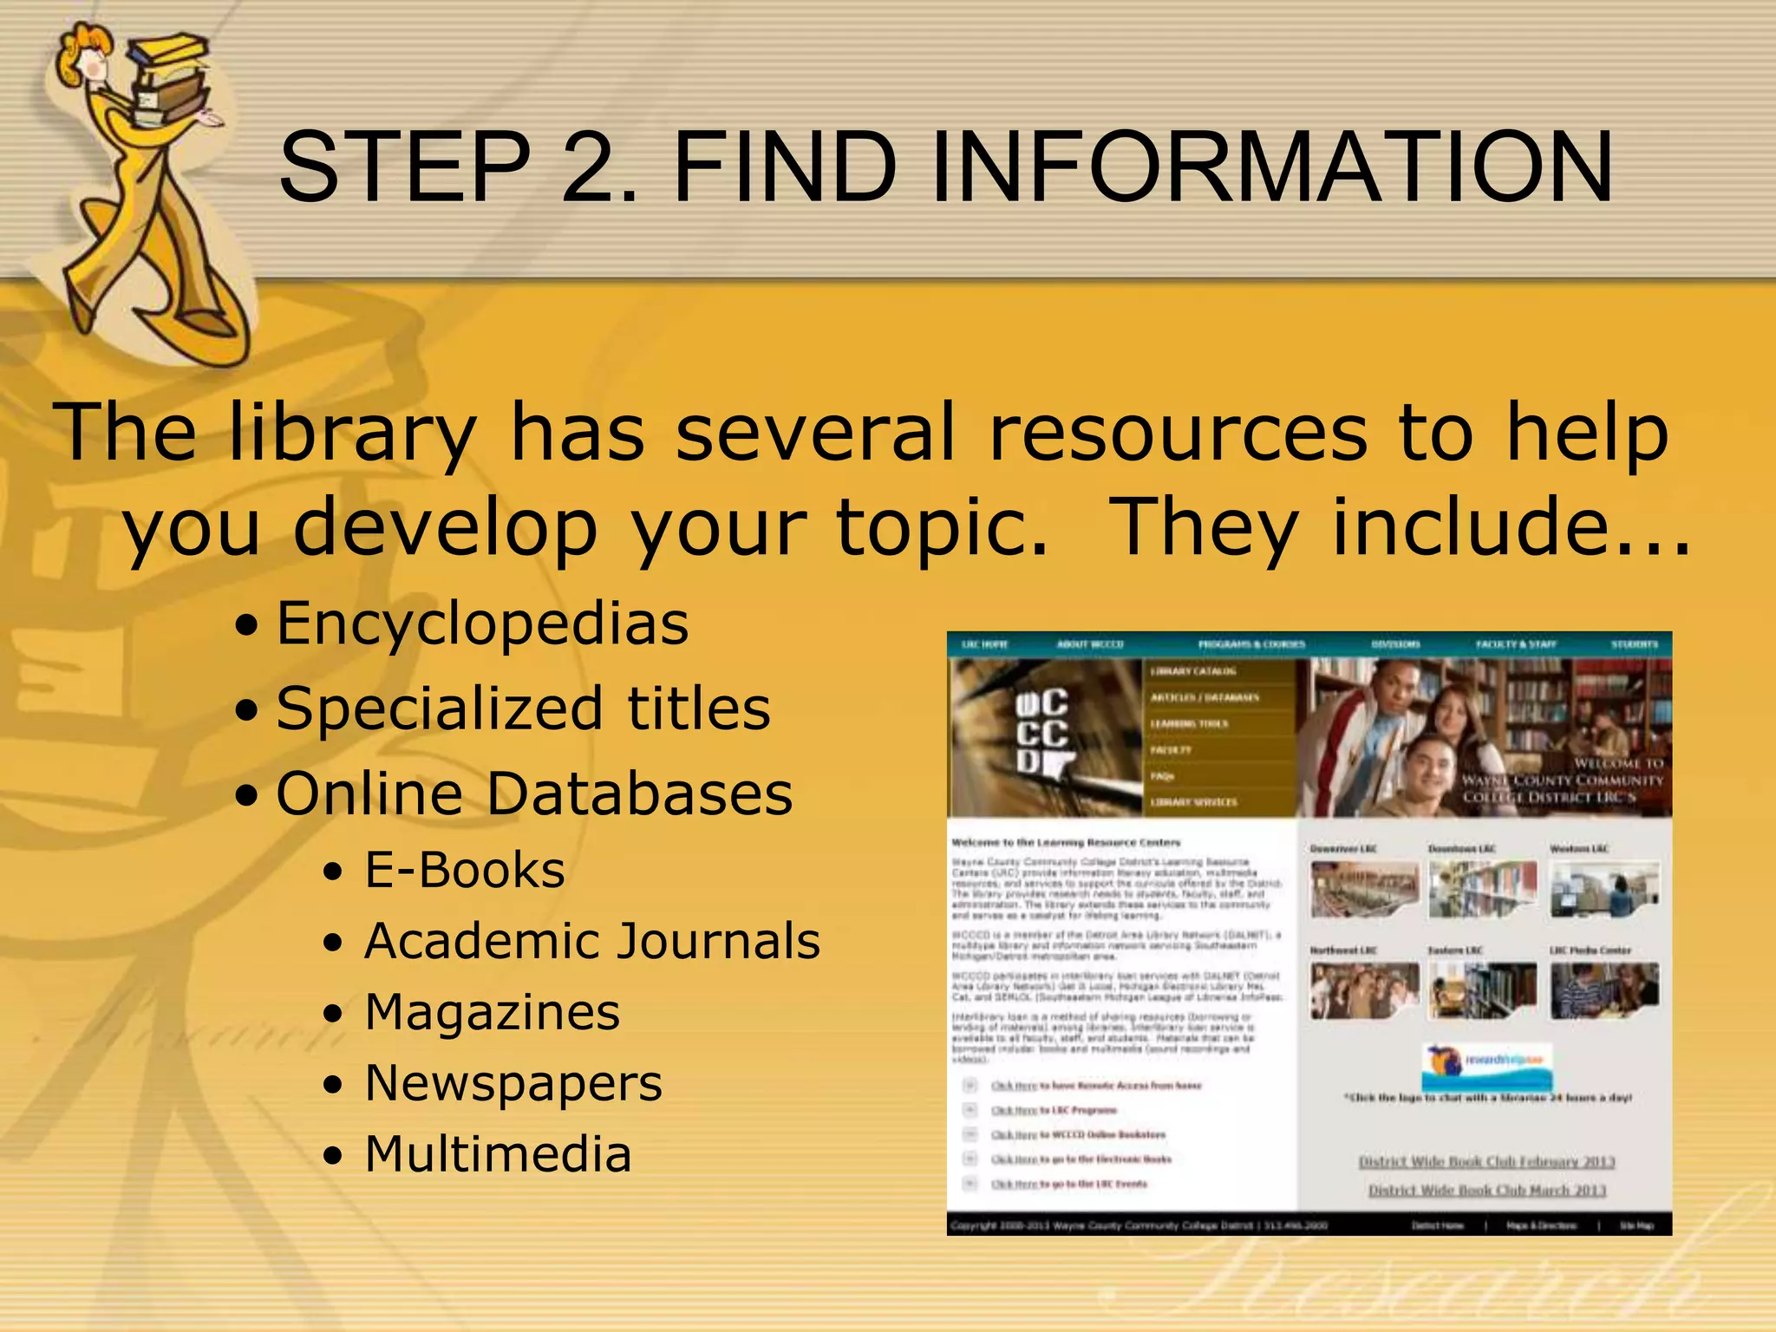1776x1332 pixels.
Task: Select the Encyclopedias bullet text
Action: tap(482, 624)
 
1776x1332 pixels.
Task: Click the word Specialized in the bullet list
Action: tap(439, 708)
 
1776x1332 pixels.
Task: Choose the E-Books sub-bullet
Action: tap(465, 870)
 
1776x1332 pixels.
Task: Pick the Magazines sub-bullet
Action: tap(493, 1012)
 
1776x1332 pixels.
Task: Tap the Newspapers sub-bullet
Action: tap(513, 1083)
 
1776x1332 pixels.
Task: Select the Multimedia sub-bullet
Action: tap(498, 1154)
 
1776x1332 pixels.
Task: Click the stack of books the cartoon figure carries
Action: tap(170, 82)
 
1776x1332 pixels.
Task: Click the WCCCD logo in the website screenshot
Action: tap(1042, 731)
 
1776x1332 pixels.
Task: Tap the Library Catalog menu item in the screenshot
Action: tap(1193, 671)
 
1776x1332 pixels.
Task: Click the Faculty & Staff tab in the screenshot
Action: tap(1516, 644)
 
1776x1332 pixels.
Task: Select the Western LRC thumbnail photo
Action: tap(1604, 890)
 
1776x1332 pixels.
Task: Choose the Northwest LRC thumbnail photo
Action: tap(1364, 990)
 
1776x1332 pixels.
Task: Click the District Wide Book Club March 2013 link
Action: tap(1487, 1191)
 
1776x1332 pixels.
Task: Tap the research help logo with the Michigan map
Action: tap(1486, 1067)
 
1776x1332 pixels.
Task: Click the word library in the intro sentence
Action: tap(352, 434)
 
